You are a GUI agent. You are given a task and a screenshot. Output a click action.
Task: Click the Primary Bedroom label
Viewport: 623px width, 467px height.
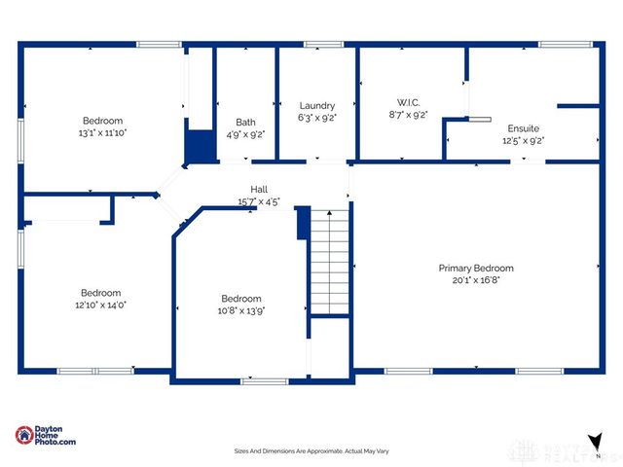click(x=475, y=268)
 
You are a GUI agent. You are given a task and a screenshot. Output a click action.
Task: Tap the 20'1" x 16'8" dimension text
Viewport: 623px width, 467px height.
click(x=475, y=279)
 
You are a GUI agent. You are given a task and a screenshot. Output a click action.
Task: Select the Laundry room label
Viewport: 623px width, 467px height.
click(x=317, y=105)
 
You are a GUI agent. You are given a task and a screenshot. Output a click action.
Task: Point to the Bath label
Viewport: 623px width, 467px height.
click(x=245, y=123)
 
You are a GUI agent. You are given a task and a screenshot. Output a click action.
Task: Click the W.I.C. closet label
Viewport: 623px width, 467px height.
click(x=407, y=102)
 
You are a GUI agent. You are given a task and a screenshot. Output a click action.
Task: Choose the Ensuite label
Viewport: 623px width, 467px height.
click(x=523, y=128)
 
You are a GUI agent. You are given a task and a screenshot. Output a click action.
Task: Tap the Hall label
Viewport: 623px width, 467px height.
click(x=259, y=190)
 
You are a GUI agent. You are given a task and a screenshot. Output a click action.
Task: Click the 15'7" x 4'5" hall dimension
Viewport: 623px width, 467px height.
click(x=259, y=201)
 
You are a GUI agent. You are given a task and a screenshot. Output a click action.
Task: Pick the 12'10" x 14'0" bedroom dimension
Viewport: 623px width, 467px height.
click(x=100, y=305)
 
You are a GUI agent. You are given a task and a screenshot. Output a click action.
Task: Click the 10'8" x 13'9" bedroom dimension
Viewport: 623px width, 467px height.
click(x=240, y=310)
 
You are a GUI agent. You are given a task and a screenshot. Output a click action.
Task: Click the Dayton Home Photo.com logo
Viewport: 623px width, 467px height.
click(x=46, y=436)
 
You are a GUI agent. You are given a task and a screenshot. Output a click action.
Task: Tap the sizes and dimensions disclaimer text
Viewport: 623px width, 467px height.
click(x=311, y=450)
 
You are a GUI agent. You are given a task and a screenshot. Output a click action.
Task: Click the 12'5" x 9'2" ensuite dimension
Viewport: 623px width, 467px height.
click(x=523, y=140)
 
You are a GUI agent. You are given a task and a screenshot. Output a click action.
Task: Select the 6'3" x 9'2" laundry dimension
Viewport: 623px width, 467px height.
click(x=317, y=117)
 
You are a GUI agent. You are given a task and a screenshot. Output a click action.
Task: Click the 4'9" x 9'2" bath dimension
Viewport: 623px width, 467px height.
click(x=245, y=134)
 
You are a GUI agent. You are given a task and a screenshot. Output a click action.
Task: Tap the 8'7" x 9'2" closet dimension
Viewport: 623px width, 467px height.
click(x=407, y=114)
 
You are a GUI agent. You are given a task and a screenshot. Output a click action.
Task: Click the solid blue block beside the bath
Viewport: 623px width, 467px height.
click(x=199, y=147)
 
